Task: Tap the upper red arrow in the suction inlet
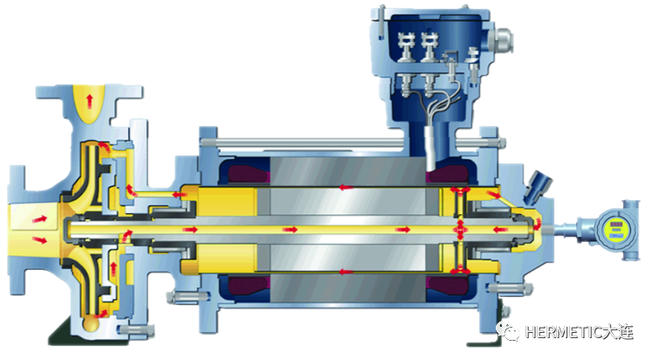[40, 218]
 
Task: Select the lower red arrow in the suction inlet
[40, 239]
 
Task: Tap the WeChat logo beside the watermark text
[507, 331]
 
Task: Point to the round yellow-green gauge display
[616, 230]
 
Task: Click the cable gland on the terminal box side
[502, 40]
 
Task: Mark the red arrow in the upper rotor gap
[345, 188]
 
